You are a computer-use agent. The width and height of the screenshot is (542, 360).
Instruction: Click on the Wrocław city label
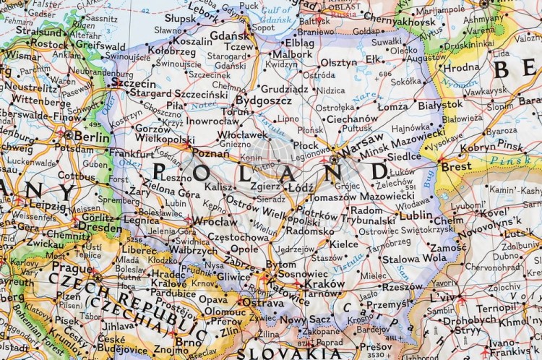click(x=215, y=221)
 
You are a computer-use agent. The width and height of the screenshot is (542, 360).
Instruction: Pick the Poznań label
click(x=211, y=153)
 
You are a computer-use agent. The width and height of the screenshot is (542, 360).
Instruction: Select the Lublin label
click(x=416, y=215)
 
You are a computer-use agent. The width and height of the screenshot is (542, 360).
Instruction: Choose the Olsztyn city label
click(x=338, y=63)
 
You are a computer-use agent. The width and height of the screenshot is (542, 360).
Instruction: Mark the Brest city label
click(x=456, y=166)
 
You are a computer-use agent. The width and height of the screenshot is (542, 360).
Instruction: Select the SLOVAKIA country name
click(x=281, y=353)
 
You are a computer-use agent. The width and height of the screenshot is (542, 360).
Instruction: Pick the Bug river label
click(x=429, y=177)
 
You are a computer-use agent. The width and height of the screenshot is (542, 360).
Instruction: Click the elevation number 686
click(x=384, y=74)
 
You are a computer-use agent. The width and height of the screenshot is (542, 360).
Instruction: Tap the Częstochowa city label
click(x=238, y=236)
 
